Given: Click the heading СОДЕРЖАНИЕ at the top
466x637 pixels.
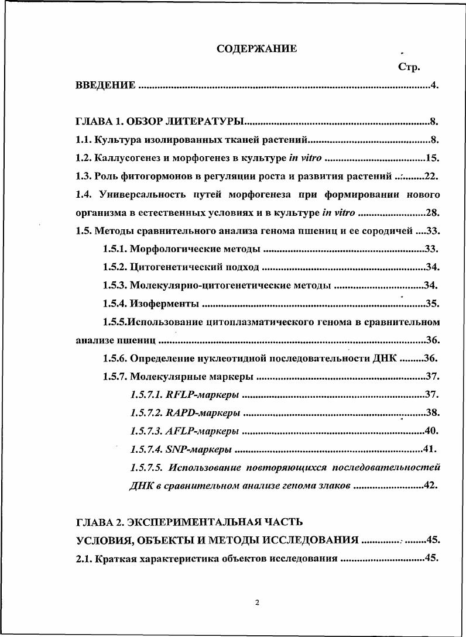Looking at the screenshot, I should (x=256, y=49).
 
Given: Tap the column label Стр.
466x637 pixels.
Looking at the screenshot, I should (x=409, y=67).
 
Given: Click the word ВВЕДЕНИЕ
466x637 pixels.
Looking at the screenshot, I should (x=106, y=85).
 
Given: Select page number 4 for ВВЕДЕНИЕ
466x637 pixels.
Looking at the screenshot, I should (x=434, y=85).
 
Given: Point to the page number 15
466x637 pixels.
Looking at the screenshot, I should (x=432, y=158).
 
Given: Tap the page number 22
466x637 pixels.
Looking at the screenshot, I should (x=431, y=176).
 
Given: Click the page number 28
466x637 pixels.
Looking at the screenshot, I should (x=432, y=212).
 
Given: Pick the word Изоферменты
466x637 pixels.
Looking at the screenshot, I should (x=165, y=304).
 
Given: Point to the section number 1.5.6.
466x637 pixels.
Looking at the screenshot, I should (x=115, y=358).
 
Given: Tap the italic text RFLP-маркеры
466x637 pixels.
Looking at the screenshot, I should (x=203, y=395).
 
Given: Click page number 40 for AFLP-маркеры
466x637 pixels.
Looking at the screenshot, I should (x=431, y=431).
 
